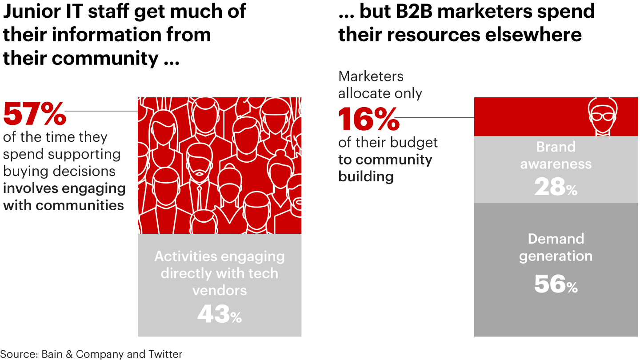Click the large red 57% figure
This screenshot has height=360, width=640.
tap(35, 114)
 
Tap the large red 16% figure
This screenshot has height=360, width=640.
tap(369, 119)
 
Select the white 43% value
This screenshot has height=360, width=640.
tap(220, 314)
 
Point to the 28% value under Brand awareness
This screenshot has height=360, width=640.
tap(556, 187)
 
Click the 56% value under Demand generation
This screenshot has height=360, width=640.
tap(556, 284)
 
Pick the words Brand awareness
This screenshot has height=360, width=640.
tap(556, 155)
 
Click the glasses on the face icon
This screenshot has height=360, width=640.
tap(602, 116)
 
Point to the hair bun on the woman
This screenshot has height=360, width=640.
tap(280, 155)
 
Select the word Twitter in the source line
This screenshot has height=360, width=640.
tap(165, 354)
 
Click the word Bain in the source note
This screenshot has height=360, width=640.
tap(52, 354)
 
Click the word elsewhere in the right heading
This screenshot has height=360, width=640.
tap(533, 35)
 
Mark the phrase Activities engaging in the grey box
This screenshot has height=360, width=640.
tap(220, 256)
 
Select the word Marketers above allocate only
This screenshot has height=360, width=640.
tap(371, 76)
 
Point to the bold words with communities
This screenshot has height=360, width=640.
tap(64, 205)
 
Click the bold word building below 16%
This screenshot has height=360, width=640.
tap(366, 176)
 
